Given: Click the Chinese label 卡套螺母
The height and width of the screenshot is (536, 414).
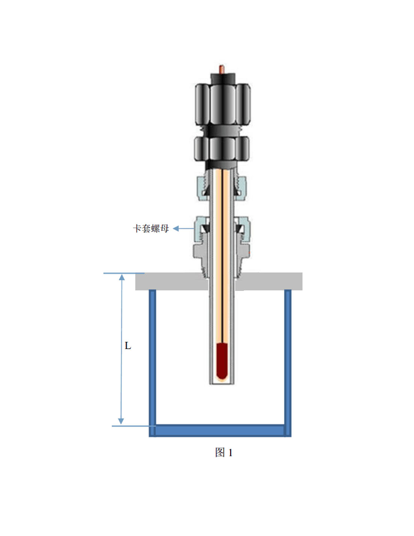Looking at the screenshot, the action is pos(151,229).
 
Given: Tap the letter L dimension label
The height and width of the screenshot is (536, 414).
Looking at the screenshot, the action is pos(127,346).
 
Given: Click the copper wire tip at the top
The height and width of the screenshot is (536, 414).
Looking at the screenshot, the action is pos(222,69).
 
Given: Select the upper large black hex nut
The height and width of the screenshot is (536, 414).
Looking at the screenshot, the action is pos(223,104).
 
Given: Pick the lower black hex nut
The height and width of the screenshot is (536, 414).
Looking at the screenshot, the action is pos(222,149).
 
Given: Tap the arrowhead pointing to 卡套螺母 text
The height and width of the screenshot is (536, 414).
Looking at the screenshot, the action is pos(176,229).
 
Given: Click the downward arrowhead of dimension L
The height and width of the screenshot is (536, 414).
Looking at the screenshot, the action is pos(121,421).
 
